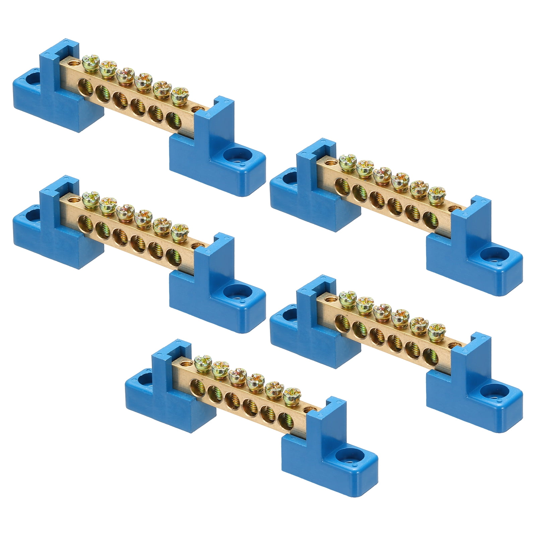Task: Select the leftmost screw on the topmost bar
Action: [x=88, y=62]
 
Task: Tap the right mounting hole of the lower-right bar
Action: [x=491, y=390]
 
